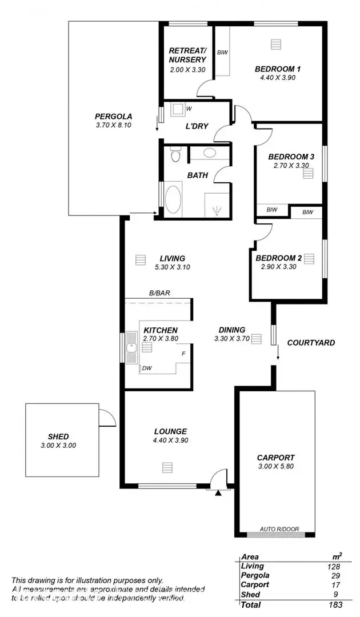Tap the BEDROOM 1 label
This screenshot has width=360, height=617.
coord(278,69)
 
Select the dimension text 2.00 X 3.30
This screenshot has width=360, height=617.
coord(187,70)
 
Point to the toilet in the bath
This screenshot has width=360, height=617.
coord(175,155)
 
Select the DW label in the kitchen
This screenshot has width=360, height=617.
coord(147,368)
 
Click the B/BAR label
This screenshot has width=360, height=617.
coord(160,293)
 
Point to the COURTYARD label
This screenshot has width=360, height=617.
coord(311,343)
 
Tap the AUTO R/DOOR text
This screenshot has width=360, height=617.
coord(276,528)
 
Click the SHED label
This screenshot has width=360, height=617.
coord(59,436)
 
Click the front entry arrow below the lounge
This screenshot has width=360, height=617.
coord(218,492)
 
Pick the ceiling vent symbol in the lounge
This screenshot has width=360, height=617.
coord(166,467)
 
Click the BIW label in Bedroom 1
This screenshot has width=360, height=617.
coord(222,53)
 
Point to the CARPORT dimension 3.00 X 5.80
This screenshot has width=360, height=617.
coord(276,468)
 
